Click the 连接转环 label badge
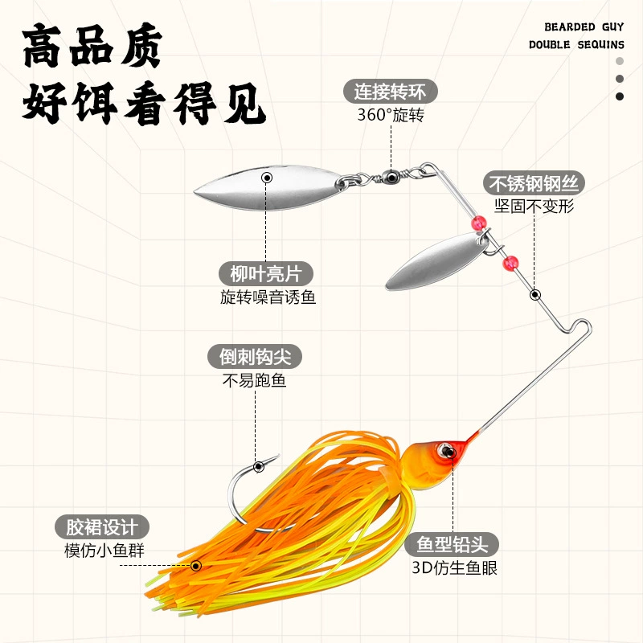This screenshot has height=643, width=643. [x=390, y=91]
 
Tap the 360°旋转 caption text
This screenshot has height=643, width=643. [x=391, y=115]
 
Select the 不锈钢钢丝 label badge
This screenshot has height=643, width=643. [x=534, y=183]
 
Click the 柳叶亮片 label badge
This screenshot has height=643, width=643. [x=266, y=273]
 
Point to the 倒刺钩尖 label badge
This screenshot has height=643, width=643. [x=255, y=356]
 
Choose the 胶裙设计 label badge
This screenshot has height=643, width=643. [x=102, y=527]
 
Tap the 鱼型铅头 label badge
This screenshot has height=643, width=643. [x=452, y=544]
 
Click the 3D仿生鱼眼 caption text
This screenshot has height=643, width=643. [x=454, y=568]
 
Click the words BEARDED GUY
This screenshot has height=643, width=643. [x=584, y=27]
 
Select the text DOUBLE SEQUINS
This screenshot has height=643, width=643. [x=576, y=45]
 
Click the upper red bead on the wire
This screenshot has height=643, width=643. [x=478, y=223]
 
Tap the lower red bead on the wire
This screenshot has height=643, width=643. [x=510, y=264]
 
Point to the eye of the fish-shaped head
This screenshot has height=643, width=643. [x=446, y=451]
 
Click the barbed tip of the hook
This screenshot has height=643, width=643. [x=277, y=456]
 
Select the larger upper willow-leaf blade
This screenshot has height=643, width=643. [x=269, y=187]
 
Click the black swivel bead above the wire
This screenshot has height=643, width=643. [x=391, y=177]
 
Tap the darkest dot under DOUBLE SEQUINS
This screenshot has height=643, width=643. [x=620, y=96]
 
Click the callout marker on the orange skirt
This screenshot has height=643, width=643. [x=196, y=566]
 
